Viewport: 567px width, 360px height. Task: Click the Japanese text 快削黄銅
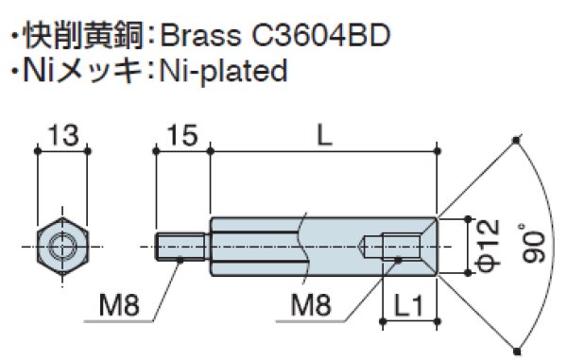pos(75,37)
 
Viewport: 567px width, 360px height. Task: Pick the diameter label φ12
pos(485,246)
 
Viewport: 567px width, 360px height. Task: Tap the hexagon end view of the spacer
pos(61,248)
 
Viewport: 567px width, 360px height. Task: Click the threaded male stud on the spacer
pos(181,248)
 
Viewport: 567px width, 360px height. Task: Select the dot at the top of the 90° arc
pos(516,142)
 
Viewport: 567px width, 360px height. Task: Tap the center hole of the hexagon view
pos(61,248)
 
